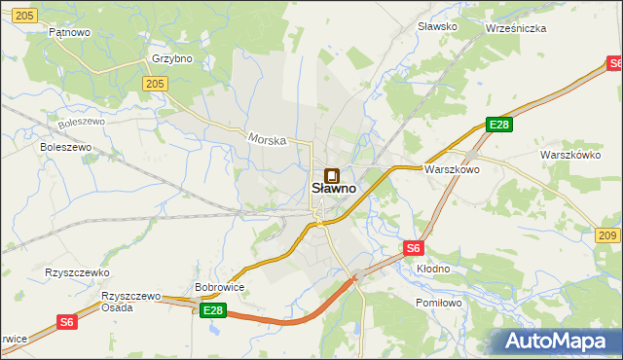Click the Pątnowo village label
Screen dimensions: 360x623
pos(69,32)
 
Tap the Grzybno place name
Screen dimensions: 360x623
pos(171,58)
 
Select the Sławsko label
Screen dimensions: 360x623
pos(436,26)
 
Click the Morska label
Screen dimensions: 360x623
pos(267,140)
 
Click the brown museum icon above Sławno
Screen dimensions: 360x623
pos(332,175)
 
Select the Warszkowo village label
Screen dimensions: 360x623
pos(452,169)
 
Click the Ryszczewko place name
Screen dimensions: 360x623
pos(77,273)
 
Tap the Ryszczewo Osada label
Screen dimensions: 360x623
pos(130,301)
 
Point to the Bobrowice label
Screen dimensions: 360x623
pos(219,288)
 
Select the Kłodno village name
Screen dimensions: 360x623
pos(433,268)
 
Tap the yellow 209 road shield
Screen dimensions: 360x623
pos(607,235)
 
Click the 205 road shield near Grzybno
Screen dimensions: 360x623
pos(153,85)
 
